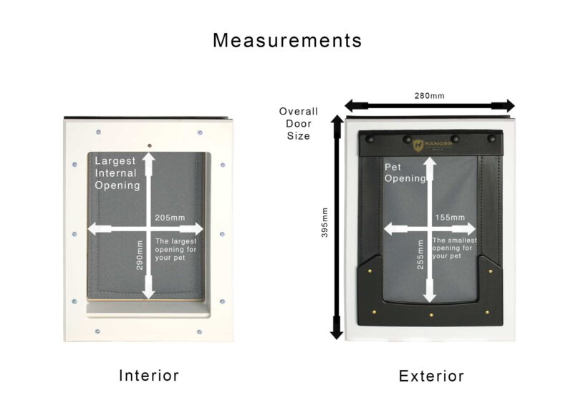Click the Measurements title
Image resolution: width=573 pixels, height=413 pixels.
click(287, 41)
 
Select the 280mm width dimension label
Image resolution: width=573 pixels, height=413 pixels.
click(430, 94)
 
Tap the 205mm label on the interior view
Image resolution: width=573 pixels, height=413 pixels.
click(169, 218)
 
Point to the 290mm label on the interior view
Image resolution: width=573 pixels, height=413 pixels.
click(140, 255)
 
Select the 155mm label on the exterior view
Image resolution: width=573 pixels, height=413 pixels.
click(449, 218)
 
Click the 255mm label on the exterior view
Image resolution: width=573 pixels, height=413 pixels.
click(421, 253)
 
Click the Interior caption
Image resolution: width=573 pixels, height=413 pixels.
click(148, 375)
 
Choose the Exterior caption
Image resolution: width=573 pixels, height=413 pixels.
click(431, 376)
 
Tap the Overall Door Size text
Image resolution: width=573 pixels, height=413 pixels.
click(298, 123)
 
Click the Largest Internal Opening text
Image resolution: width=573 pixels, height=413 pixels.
click(117, 173)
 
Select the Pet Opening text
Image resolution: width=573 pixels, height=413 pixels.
click(405, 173)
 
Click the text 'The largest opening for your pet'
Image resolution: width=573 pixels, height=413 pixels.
click(175, 249)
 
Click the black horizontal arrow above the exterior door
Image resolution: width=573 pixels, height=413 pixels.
click(430, 105)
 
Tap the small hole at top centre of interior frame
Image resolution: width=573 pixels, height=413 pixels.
click(149, 146)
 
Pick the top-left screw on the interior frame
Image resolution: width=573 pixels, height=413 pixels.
click(97, 132)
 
